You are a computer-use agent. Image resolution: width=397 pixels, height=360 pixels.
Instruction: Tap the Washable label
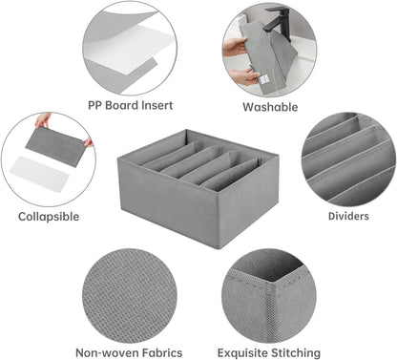[270, 107]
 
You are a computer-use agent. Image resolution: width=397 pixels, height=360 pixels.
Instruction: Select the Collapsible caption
[49, 216]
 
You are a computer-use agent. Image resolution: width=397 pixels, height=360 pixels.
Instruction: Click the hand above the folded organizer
[42, 121]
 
